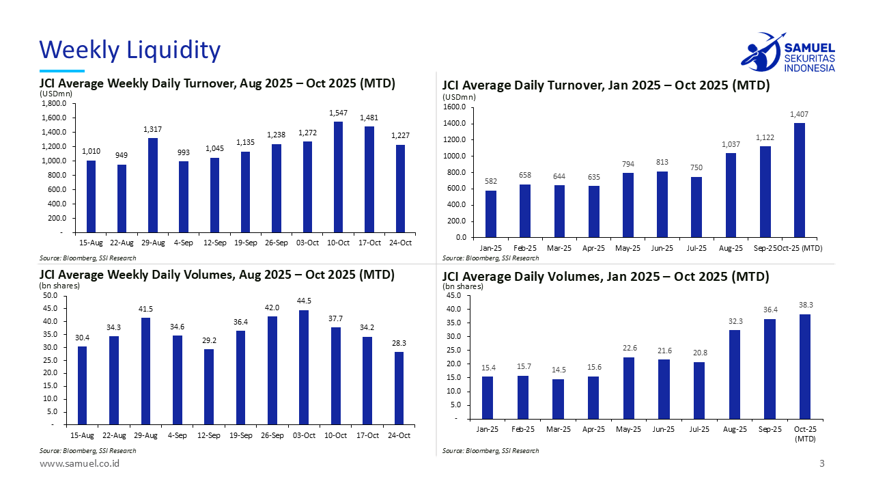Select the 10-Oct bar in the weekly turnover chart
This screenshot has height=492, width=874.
pyautogui.click(x=338, y=177)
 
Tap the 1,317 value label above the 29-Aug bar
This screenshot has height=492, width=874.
pyautogui.click(x=153, y=129)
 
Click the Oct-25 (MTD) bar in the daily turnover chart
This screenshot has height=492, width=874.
pyautogui.click(x=799, y=180)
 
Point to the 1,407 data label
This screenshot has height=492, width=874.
pyautogui.click(x=799, y=114)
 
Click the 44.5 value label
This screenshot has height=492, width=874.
pyautogui.click(x=304, y=301)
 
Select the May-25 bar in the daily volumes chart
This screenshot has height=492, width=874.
pyautogui.click(x=629, y=387)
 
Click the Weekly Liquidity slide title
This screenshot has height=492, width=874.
pyautogui.click(x=130, y=50)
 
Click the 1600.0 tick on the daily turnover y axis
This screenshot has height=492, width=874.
pyautogui.click(x=454, y=107)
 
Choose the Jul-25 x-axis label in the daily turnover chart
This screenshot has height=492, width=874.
pyautogui.click(x=696, y=248)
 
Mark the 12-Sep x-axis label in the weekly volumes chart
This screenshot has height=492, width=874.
pyautogui.click(x=209, y=435)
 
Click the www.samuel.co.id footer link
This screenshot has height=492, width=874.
pyautogui.click(x=79, y=464)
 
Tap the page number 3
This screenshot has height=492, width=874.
pyautogui.click(x=822, y=464)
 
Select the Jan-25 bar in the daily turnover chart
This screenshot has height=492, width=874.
pyautogui.click(x=491, y=214)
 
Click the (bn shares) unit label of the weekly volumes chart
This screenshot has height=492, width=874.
pyautogui.click(x=59, y=286)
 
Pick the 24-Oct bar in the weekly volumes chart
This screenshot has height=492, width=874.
pyautogui.click(x=399, y=388)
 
